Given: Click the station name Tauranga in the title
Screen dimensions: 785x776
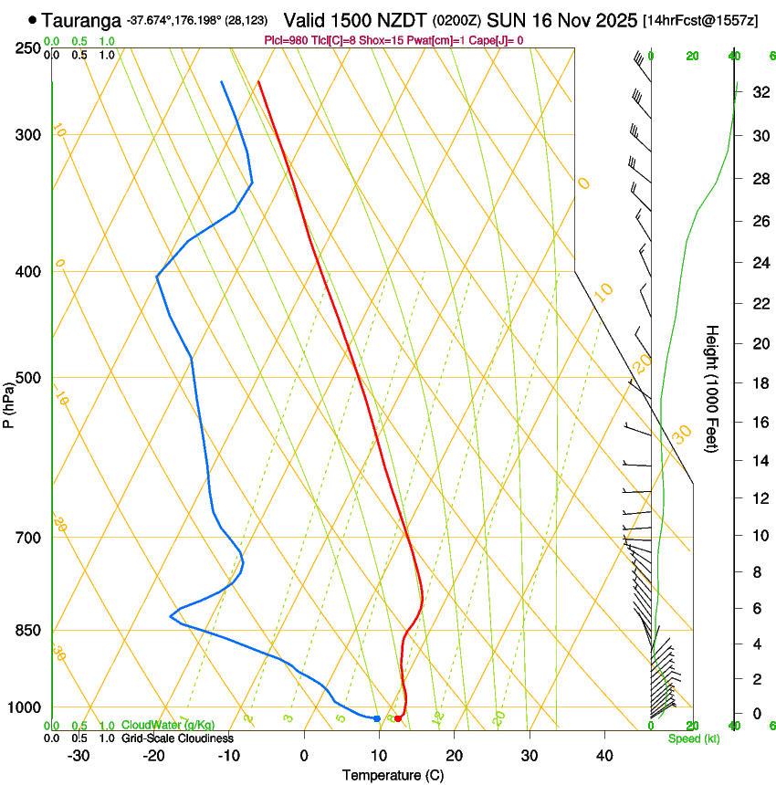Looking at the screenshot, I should [x=81, y=19].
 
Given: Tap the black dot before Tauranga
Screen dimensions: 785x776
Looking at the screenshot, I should [x=33, y=19].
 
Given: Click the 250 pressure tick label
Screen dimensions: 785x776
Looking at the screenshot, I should [x=29, y=47].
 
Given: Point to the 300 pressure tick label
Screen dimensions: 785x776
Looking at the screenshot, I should [x=29, y=135].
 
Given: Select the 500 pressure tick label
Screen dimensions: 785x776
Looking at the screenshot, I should [x=29, y=378].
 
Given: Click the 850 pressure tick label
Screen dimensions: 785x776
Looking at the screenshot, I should [x=29, y=630].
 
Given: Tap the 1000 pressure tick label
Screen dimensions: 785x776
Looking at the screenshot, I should [x=26, y=707].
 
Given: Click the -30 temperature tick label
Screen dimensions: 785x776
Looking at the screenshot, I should [x=78, y=755].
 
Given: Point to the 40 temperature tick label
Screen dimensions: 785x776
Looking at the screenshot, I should [x=603, y=755].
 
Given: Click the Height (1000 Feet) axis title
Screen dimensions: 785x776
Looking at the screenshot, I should [x=712, y=388].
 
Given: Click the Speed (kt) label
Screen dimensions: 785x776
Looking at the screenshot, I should [x=693, y=738].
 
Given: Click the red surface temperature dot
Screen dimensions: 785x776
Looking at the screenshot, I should [x=397, y=718].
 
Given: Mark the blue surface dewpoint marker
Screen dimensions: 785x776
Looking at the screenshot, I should [x=376, y=718].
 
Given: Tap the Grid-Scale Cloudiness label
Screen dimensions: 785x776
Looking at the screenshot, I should [x=176, y=738].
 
